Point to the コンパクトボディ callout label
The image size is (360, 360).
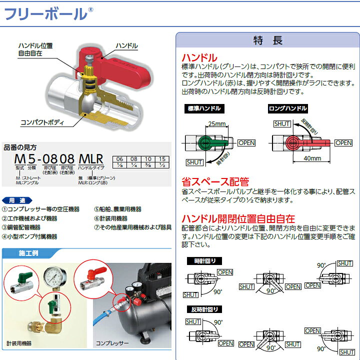pos(43,121)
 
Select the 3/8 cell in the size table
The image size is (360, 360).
pos(148,165)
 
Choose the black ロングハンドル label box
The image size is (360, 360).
pos(287,108)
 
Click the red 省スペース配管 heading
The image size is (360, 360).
pos(215,182)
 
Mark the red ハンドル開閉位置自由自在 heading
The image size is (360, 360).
pos(238,218)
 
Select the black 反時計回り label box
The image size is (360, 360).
pos(204,309)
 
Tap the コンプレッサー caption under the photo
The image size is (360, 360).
pos(112,343)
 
